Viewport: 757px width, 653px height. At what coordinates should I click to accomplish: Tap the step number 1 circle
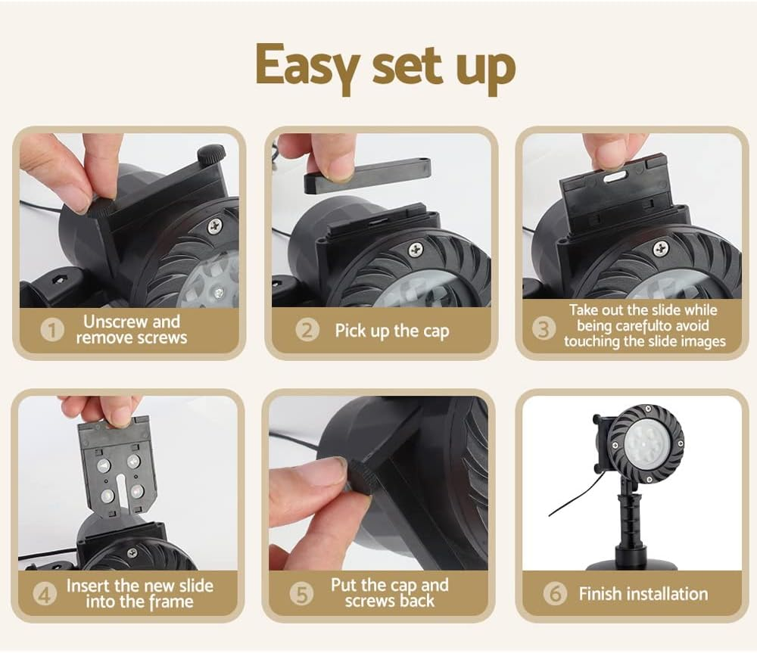coord(52,331)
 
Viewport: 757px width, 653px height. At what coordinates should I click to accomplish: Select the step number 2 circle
coord(307,331)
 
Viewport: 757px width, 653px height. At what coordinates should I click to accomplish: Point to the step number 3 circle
coord(544,329)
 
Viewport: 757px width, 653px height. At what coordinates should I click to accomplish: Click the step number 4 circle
coord(45,594)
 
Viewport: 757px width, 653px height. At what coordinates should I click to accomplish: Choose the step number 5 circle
coord(301,594)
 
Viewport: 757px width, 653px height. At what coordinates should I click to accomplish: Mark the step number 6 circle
coord(555,594)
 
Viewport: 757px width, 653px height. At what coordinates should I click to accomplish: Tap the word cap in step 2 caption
coord(436,331)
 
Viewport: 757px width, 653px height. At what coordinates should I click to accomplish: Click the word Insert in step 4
coord(87,586)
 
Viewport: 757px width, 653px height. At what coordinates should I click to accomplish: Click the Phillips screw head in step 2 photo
coord(416,250)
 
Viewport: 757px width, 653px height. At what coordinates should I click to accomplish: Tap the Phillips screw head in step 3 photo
coord(661,249)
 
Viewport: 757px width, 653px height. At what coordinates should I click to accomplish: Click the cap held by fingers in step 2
coord(367,175)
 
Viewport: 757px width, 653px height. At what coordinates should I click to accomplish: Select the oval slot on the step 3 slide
coord(613,178)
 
